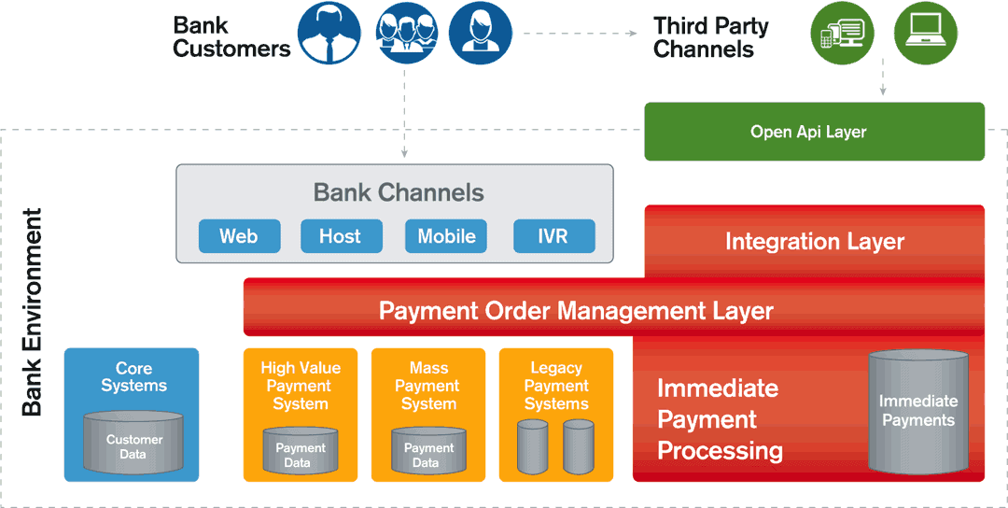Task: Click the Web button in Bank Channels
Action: pyautogui.click(x=239, y=236)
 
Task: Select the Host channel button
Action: pyautogui.click(x=342, y=236)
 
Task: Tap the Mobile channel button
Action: pyautogui.click(x=445, y=236)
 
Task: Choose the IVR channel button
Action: pyautogui.click(x=554, y=236)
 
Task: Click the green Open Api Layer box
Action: pyautogui.click(x=815, y=132)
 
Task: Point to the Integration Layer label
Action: pyautogui.click(x=815, y=242)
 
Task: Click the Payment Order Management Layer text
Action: pyautogui.click(x=575, y=311)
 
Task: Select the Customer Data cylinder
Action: pyautogui.click(x=133, y=443)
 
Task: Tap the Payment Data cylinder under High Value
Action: pyautogui.click(x=301, y=450)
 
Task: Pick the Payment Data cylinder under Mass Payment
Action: pyautogui.click(x=428, y=450)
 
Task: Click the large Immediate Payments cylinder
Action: pyautogui.click(x=918, y=412)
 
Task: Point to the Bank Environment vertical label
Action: pyautogui.click(x=32, y=312)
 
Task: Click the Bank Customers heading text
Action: pyautogui.click(x=231, y=37)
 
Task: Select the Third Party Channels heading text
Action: pyautogui.click(x=710, y=37)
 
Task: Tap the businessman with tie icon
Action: pyautogui.click(x=329, y=33)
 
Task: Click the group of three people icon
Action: pyautogui.click(x=406, y=33)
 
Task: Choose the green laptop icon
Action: pyautogui.click(x=926, y=33)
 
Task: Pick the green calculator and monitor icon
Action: pyautogui.click(x=842, y=33)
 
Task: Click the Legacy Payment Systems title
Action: pyautogui.click(x=556, y=386)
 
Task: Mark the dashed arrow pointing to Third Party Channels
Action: pyautogui.click(x=580, y=33)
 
